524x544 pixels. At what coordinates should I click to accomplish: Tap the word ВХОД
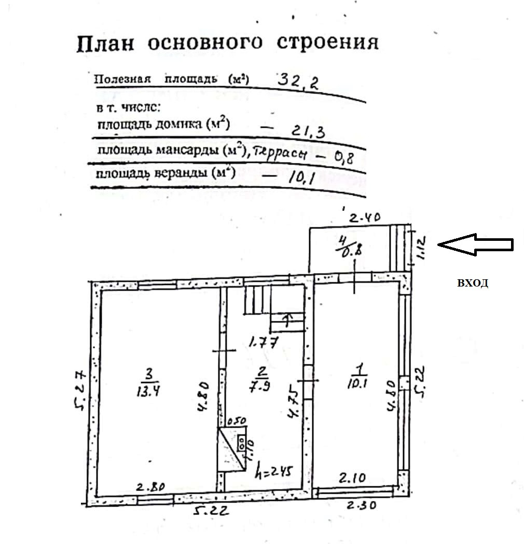click(472, 283)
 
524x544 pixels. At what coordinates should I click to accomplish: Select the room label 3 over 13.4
click(148, 382)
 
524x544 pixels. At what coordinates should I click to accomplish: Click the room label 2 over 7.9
click(263, 380)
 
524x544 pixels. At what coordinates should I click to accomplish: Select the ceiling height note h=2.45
click(275, 472)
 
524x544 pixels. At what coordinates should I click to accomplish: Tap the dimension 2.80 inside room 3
click(150, 487)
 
